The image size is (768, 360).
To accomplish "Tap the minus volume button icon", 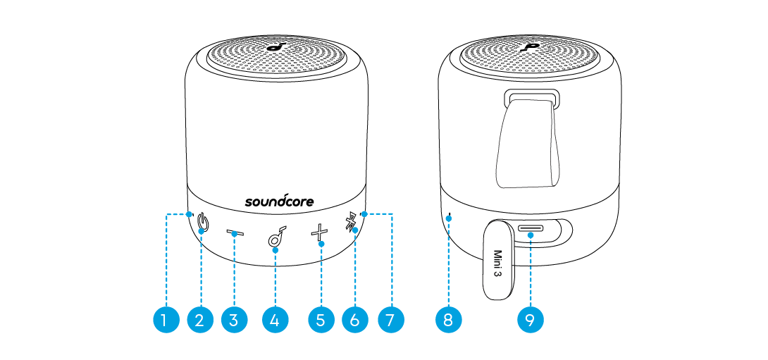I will click(235, 233).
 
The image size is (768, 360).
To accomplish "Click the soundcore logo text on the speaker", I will click(279, 201).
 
